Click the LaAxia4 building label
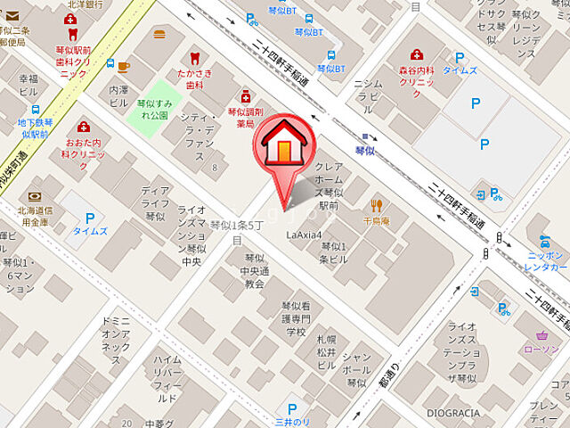(x=304, y=235)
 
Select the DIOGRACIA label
(x=453, y=413)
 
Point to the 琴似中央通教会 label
(x=254, y=271)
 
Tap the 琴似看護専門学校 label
(x=295, y=318)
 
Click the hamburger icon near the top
(x=159, y=36)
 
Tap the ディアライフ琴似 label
(x=155, y=202)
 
